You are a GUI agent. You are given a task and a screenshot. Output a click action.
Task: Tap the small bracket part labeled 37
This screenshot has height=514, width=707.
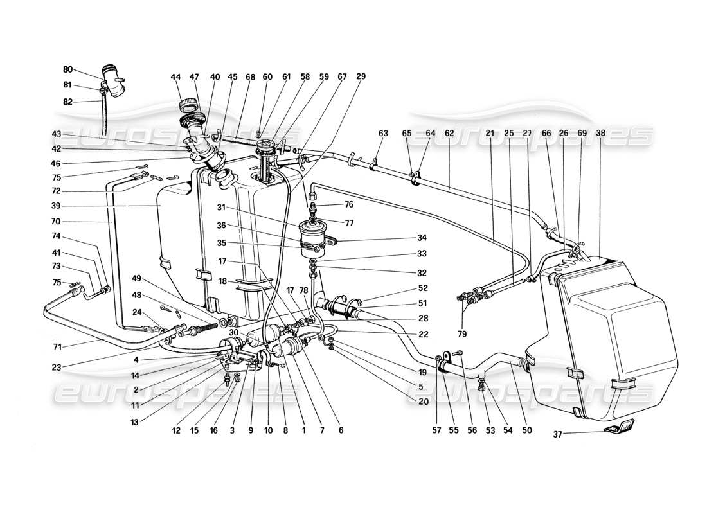coord(618,427)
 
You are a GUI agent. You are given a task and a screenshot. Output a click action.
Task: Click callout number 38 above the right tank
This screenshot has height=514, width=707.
coord(600,133)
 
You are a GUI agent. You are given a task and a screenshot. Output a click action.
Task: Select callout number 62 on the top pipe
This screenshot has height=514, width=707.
coord(449,133)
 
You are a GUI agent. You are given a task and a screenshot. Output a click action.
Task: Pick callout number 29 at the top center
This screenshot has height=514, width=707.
coord(361,76)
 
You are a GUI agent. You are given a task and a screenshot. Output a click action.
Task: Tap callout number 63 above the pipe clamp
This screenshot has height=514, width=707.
coord(384,133)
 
